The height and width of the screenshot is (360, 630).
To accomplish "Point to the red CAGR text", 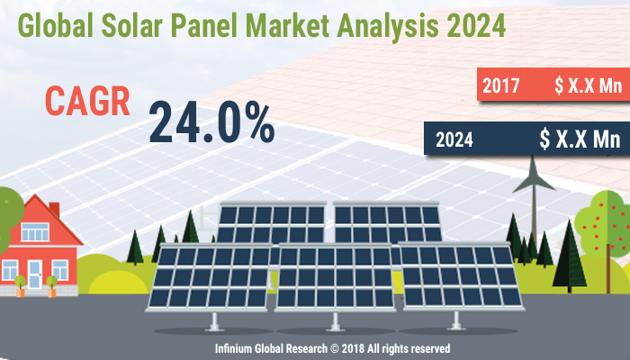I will (x=87, y=102).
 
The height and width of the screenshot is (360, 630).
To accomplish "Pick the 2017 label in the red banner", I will (x=501, y=87).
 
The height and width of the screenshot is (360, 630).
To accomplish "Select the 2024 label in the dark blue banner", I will (x=456, y=139).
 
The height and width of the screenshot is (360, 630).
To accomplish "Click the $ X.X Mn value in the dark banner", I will (x=580, y=139).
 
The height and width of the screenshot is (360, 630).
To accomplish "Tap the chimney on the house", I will (x=54, y=209).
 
